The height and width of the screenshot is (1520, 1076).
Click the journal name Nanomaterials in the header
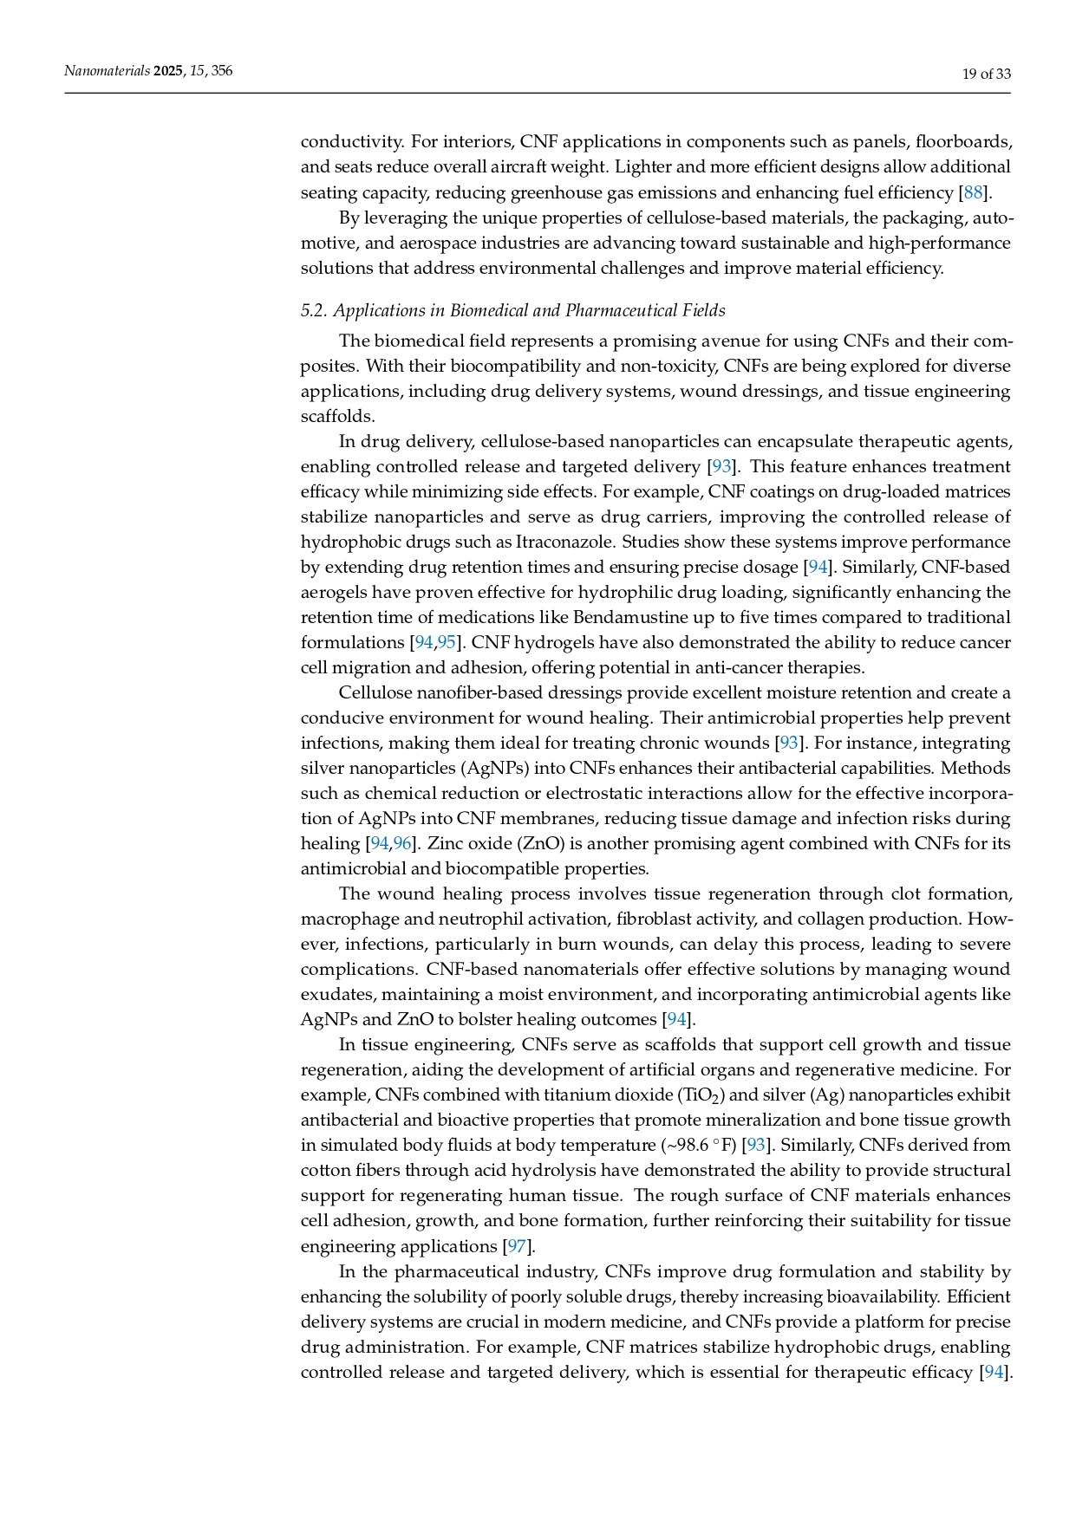click(x=107, y=71)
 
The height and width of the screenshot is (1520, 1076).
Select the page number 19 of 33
click(x=987, y=74)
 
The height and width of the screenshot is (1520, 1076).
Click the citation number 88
click(x=973, y=192)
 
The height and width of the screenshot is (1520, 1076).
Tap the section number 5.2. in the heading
click(x=314, y=310)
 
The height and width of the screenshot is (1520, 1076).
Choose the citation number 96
click(x=402, y=843)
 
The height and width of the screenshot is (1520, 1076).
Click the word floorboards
click(x=963, y=141)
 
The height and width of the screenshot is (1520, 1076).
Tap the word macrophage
click(x=343, y=919)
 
